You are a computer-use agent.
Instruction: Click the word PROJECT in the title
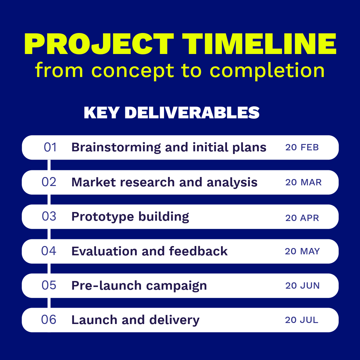[99, 44]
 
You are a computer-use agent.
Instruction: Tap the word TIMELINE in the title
[259, 44]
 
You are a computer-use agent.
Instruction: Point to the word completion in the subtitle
[267, 70]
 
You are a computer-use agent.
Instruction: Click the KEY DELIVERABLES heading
[172, 113]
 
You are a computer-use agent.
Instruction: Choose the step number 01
[50, 147]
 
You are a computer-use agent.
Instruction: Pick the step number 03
[49, 216]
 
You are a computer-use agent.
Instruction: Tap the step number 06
[49, 320]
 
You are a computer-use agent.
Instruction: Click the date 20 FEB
[302, 147]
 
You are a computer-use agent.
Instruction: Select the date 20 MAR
[303, 182]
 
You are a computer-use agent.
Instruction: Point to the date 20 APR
[302, 218]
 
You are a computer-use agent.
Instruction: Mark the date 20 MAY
[302, 251]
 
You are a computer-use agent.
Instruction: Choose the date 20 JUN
[302, 286]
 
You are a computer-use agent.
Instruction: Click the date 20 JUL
[301, 320]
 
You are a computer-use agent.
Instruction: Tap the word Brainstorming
[116, 148]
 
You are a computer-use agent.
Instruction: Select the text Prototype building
[130, 217]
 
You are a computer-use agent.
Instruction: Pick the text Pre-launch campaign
[139, 286]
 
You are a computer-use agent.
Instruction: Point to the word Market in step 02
[94, 182]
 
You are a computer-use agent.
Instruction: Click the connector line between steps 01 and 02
[49, 165]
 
